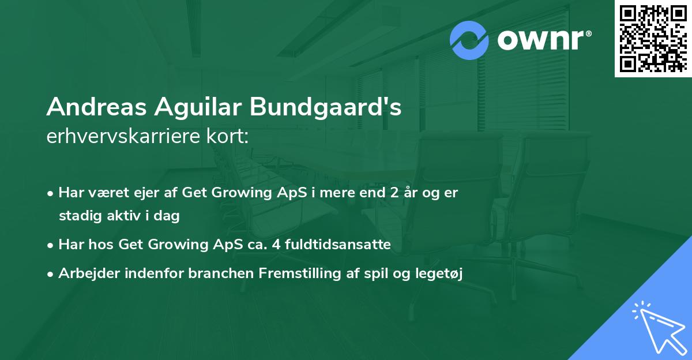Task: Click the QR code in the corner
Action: tap(653, 38)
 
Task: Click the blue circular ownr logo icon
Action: tap(469, 40)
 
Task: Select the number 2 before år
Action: tap(394, 193)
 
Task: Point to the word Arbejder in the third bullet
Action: tap(84, 273)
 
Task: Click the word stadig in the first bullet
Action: tap(77, 216)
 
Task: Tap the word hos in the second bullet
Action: tap(103, 245)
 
